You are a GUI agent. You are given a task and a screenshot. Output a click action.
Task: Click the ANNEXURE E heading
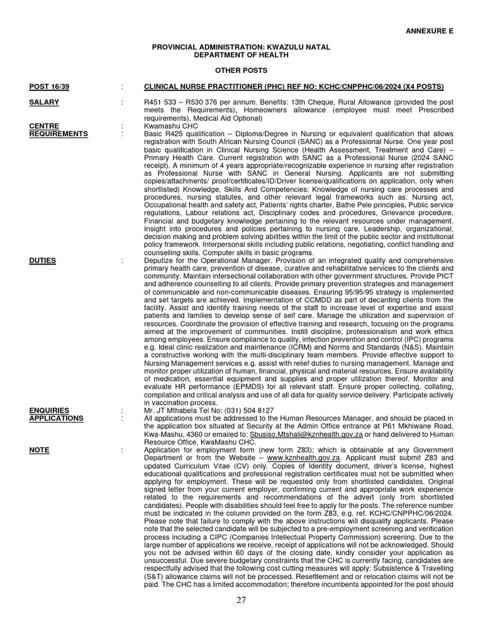429,31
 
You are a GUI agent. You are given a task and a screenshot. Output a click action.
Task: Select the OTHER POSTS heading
241,70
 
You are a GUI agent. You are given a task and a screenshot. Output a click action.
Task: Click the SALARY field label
44,102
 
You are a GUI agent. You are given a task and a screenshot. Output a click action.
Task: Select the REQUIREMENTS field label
58,134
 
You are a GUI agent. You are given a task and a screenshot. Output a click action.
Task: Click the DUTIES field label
43,260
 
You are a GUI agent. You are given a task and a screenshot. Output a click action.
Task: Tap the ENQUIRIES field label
50,410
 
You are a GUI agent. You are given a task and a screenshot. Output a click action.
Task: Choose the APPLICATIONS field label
56,418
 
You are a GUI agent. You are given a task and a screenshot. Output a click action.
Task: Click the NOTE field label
40,450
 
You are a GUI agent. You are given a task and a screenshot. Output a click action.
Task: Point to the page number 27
241,600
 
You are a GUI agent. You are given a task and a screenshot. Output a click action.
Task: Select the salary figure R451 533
162,102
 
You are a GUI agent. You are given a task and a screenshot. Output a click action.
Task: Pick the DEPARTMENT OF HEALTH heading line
241,55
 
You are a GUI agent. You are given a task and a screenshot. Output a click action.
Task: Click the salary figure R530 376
206,102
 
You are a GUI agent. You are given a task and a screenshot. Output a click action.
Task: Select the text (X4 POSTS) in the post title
421,87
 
